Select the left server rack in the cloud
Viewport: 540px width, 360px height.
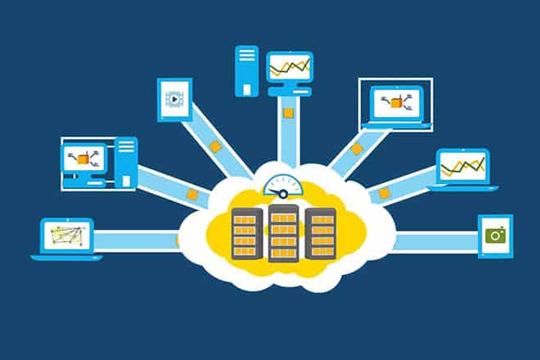[x=247, y=233]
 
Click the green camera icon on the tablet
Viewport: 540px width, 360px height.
[x=494, y=236]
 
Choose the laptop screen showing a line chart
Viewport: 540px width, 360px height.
[x=462, y=167]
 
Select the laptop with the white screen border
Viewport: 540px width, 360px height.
[x=396, y=103]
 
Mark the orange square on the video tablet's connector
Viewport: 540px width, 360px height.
[x=215, y=146]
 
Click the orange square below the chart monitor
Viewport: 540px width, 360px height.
[x=286, y=112]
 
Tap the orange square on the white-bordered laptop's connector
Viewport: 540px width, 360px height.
[x=357, y=150]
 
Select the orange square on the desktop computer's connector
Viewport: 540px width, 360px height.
[x=192, y=195]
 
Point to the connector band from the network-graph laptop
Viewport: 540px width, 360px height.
[x=135, y=241]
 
